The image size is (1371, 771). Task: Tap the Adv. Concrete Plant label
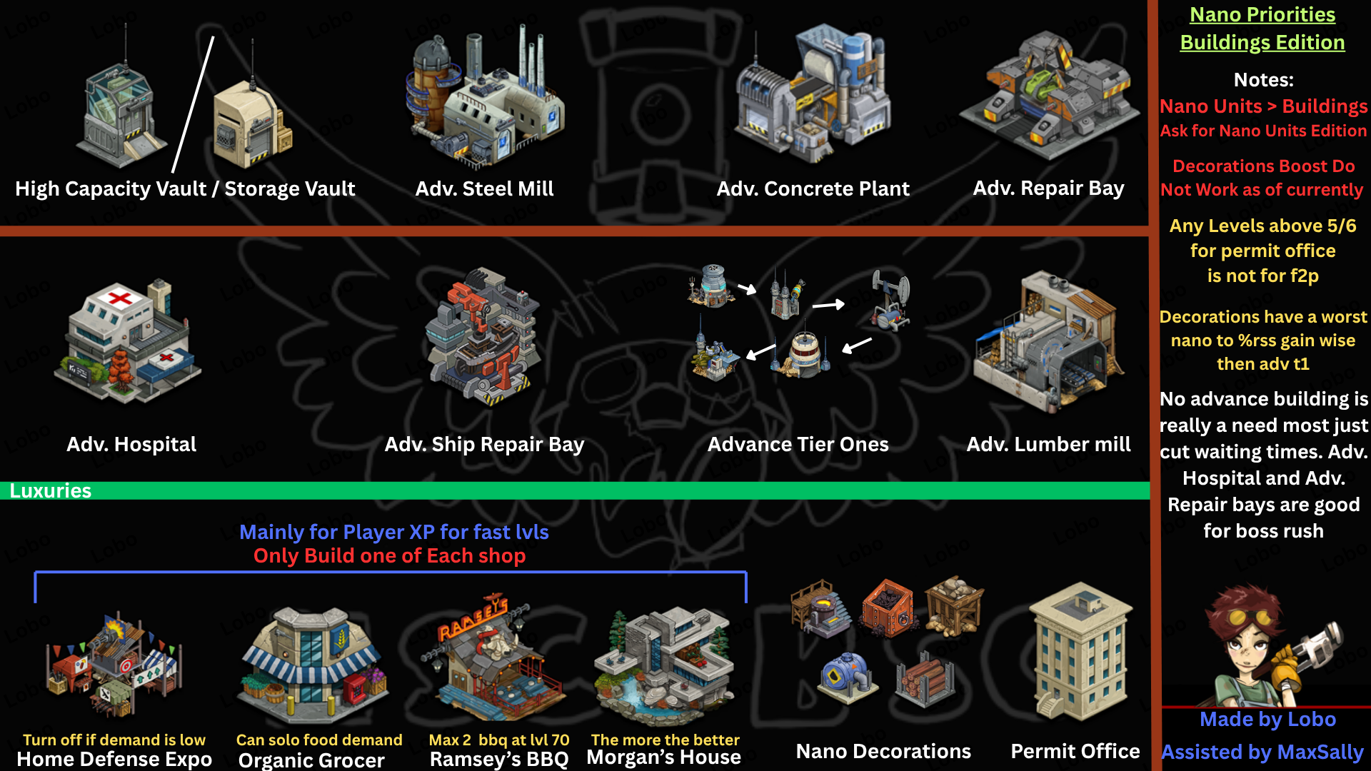(813, 188)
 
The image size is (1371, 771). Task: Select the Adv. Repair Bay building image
(1048, 96)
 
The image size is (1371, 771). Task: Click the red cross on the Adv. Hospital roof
(119, 298)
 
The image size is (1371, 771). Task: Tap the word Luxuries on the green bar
(50, 491)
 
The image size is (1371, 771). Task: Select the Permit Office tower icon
(1080, 653)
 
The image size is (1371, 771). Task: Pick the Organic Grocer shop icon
(312, 664)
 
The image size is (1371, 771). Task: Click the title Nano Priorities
(1262, 15)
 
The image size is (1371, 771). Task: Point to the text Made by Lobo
(1267, 720)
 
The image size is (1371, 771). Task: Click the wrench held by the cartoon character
(1314, 642)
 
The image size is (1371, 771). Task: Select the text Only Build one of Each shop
(389, 556)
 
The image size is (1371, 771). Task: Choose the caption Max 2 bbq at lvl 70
(498, 740)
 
